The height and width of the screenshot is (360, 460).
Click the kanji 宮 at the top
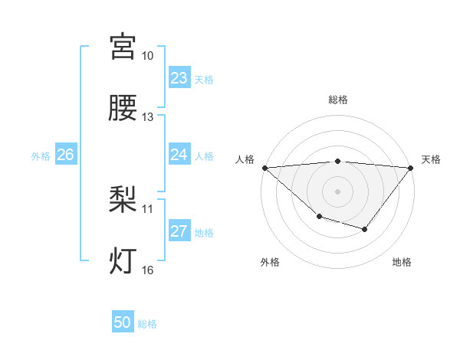[x=123, y=47]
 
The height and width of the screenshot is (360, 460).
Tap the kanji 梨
[x=123, y=200]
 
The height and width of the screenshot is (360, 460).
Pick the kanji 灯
[x=123, y=260]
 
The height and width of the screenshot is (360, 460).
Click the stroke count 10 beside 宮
[x=147, y=57]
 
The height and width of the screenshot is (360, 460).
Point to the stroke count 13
[x=147, y=117]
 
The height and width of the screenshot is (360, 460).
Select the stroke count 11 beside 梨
[x=147, y=208]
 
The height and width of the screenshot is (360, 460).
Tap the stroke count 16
[x=147, y=270]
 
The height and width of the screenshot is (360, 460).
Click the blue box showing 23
[x=179, y=78]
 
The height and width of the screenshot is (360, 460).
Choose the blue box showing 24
[x=179, y=155]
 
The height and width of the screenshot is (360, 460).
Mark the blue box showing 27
[x=179, y=231]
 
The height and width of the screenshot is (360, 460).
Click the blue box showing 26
[x=65, y=155]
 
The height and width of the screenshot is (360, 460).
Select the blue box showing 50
[x=123, y=322]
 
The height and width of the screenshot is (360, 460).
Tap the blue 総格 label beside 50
[x=147, y=324]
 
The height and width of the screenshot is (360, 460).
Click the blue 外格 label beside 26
[x=41, y=156]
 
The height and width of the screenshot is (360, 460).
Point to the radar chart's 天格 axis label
[x=432, y=159]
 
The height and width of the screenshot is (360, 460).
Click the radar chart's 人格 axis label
[x=245, y=159]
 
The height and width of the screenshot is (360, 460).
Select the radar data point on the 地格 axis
[x=365, y=229]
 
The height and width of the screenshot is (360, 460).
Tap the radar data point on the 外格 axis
[x=319, y=217]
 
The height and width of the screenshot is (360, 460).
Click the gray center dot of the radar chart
[x=338, y=191]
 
